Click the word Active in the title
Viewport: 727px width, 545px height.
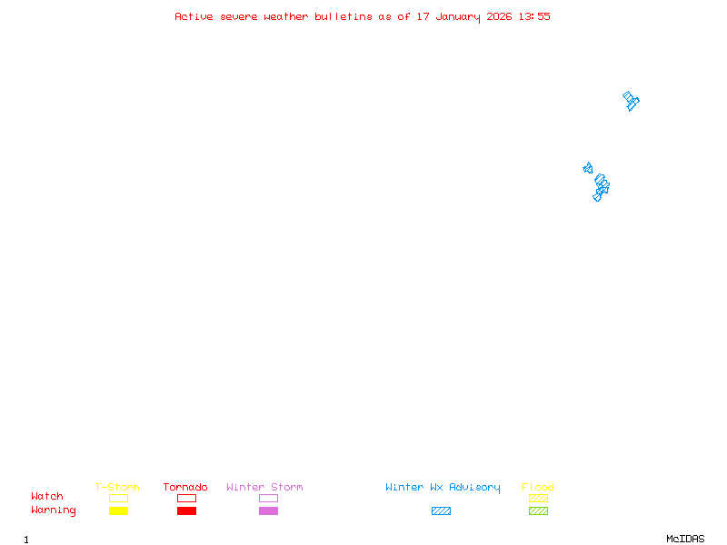pos(194,16)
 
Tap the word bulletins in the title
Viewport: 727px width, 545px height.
pos(344,16)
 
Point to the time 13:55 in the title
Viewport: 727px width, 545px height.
pos(534,16)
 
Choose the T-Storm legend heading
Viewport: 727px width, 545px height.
pos(117,488)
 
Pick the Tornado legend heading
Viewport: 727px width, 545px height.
pos(185,488)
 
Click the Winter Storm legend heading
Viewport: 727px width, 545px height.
pos(264,488)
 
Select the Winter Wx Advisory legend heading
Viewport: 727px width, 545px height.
pos(443,488)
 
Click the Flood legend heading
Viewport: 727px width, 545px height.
pos(538,488)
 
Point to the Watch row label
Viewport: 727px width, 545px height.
pos(47,497)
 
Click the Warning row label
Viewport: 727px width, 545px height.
pos(54,510)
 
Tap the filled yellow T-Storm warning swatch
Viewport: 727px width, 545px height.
pos(118,511)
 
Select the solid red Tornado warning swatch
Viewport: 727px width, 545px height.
pos(186,511)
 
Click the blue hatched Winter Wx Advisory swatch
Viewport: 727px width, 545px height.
pos(441,511)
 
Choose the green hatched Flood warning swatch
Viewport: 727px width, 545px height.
pos(538,511)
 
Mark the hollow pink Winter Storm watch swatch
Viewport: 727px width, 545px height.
pos(268,499)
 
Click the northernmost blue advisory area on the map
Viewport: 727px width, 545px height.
pos(631,100)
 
